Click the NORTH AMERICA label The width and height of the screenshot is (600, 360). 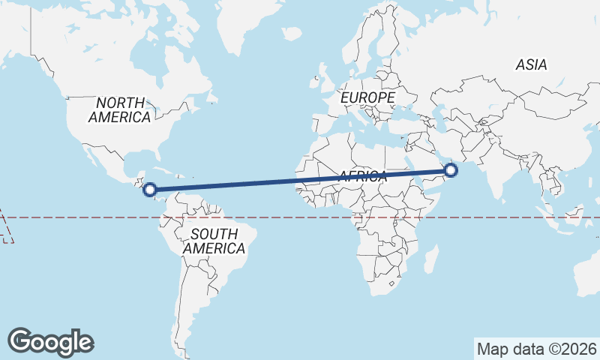(x=120, y=109)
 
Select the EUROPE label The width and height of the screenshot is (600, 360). (x=367, y=98)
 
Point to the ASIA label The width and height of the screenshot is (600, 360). (x=531, y=65)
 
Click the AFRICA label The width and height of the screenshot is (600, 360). (x=362, y=177)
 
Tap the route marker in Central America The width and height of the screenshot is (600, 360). (x=150, y=190)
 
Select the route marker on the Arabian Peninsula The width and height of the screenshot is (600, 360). (x=451, y=171)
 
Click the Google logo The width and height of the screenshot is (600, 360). (x=50, y=342)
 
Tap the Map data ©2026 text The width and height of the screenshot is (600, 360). (x=537, y=349)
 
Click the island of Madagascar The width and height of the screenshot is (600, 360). (x=430, y=258)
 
